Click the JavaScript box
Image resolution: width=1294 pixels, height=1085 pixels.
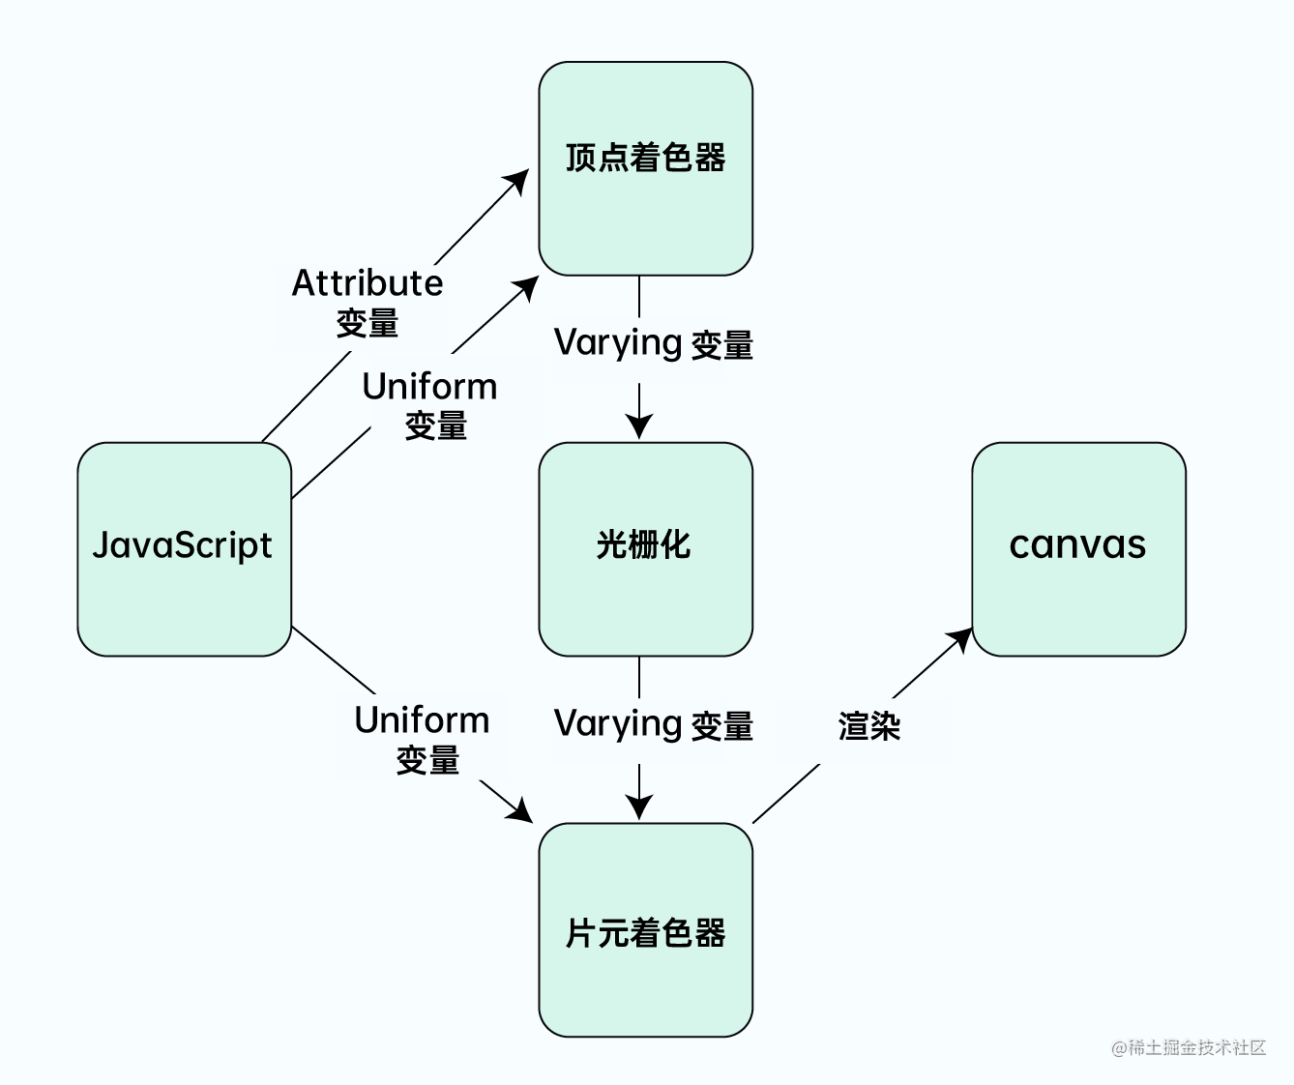tap(184, 548)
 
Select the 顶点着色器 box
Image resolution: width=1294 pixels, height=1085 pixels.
tap(645, 168)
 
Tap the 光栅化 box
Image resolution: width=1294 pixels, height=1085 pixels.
tap(645, 548)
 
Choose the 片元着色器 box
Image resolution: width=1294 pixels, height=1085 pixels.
tap(645, 929)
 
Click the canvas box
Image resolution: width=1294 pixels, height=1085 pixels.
tap(1078, 548)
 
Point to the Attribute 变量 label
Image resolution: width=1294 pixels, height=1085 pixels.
tap(368, 303)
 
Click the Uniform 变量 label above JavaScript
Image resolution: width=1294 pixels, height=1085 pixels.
tap(431, 405)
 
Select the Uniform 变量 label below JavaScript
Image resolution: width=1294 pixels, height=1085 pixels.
tap(423, 740)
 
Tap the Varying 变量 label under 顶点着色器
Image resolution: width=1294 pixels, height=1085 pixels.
tap(653, 344)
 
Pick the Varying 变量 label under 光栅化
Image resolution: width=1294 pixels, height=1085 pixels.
tap(653, 725)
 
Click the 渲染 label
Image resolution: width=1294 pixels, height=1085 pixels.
tap(868, 726)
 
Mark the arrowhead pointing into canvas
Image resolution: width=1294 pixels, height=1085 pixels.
tap(962, 638)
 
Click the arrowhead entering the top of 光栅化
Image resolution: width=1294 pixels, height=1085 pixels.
tap(638, 425)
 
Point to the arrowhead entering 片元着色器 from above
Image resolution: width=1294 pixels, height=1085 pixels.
tap(638, 806)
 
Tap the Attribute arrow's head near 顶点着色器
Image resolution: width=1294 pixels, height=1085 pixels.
tap(518, 181)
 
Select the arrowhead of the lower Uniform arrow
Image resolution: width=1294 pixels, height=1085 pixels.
tap(520, 811)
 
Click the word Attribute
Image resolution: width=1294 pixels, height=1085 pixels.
tap(368, 283)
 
